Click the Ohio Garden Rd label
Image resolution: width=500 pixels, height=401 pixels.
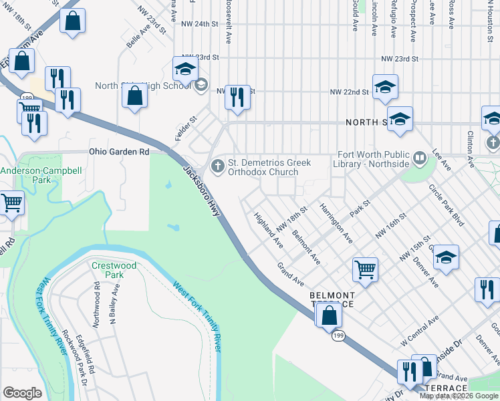point(119,152)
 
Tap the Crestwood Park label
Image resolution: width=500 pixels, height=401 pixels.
point(114,270)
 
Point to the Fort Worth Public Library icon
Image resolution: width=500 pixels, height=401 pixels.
point(420,158)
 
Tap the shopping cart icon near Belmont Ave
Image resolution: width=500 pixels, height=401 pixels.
point(365,270)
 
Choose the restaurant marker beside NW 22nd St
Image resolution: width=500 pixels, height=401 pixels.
point(237,97)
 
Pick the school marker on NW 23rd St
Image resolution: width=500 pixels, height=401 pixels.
point(186,68)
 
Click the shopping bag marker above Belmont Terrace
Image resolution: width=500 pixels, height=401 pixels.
point(329,315)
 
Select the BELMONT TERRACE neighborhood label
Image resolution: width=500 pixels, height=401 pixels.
point(332,299)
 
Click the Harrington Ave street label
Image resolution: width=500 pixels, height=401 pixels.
point(336,223)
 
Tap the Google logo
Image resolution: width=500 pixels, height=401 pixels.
point(22,394)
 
